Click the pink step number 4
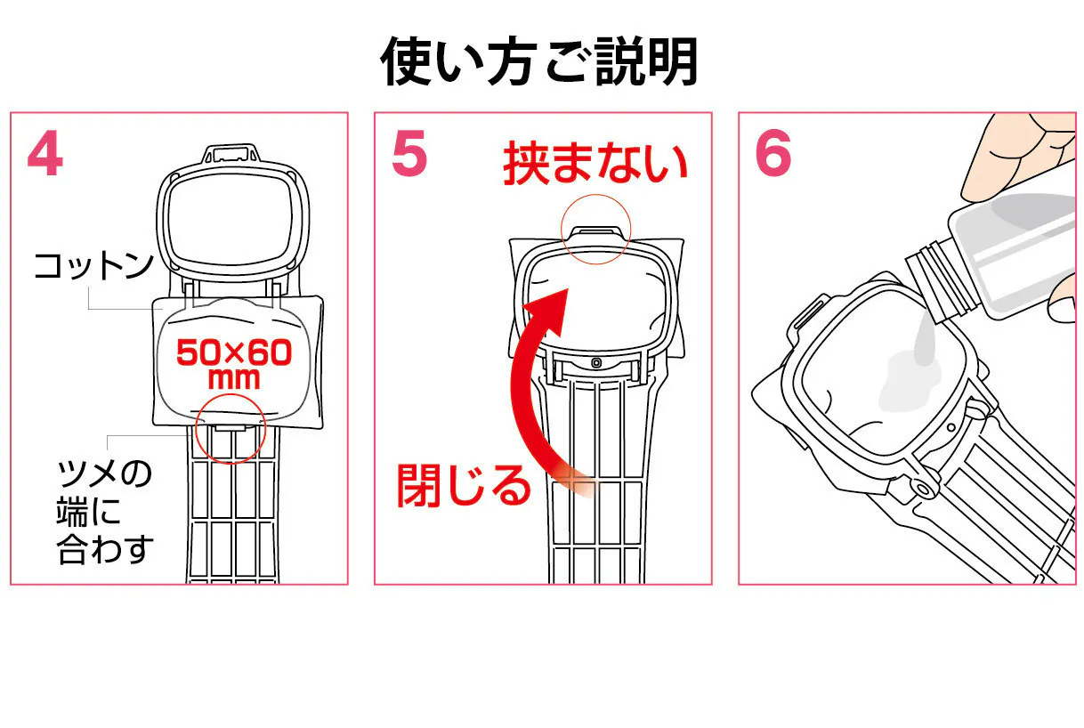(45, 156)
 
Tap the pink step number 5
(409, 156)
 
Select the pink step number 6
(773, 156)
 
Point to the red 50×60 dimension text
(233, 353)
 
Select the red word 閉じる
(463, 485)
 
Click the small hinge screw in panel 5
(595, 362)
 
